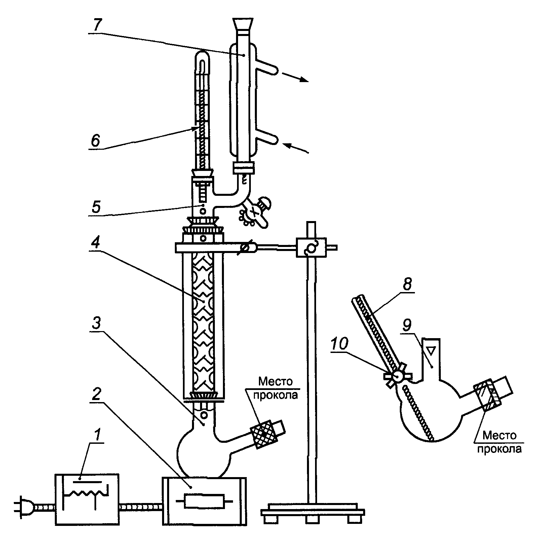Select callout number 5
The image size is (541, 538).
[96, 206]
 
